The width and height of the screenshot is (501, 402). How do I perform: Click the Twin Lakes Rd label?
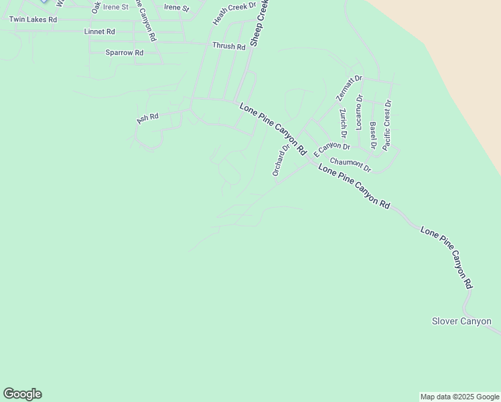point(33,19)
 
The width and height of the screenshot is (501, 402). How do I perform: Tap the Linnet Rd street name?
point(100,31)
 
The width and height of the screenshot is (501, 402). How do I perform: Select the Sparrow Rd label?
point(125,52)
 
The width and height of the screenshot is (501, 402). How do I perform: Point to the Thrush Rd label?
point(228,46)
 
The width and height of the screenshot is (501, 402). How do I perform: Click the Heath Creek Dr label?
point(234,13)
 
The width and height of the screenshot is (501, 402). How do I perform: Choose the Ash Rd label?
point(147,118)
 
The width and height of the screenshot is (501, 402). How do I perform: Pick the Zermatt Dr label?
point(349,88)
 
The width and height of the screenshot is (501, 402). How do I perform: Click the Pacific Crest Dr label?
point(388,125)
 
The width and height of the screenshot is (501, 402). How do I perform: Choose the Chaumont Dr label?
point(350,163)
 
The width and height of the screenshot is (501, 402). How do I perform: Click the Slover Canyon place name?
point(461,322)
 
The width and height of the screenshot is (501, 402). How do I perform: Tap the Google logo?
point(22,394)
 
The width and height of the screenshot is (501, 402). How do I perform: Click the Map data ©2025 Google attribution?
point(459,397)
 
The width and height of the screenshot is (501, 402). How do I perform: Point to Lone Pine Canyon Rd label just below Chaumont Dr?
point(354,187)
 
